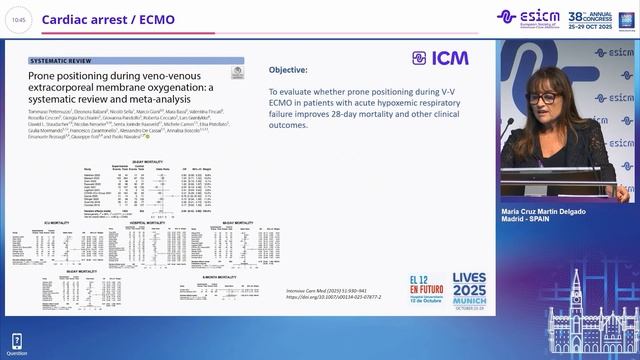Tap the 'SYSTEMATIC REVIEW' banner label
[70, 61]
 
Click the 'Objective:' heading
[288, 70]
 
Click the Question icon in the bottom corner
[17, 344]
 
